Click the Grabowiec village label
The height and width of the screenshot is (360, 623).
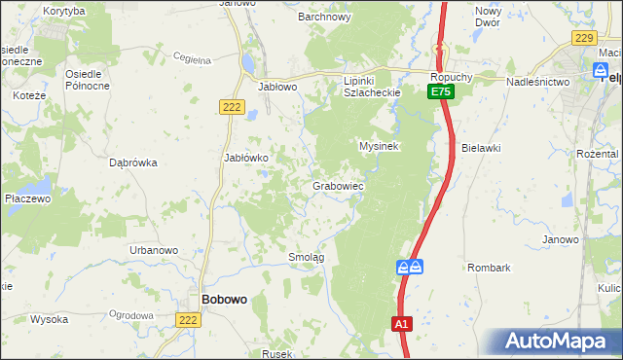pos(338,185)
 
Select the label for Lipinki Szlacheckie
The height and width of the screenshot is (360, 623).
pos(366,86)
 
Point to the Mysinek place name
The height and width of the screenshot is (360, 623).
pos(380,145)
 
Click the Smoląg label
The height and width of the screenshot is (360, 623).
pos(306,257)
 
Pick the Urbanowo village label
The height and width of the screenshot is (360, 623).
pos(154,250)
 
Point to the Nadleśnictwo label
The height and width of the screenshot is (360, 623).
pos(537,82)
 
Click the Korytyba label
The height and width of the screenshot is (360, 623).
pos(65,10)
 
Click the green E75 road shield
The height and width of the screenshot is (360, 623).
pos(440,90)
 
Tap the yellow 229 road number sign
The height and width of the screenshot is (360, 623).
pos(583,38)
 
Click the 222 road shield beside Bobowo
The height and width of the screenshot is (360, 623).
pos(190,318)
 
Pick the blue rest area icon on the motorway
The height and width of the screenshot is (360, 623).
pos(410,265)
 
